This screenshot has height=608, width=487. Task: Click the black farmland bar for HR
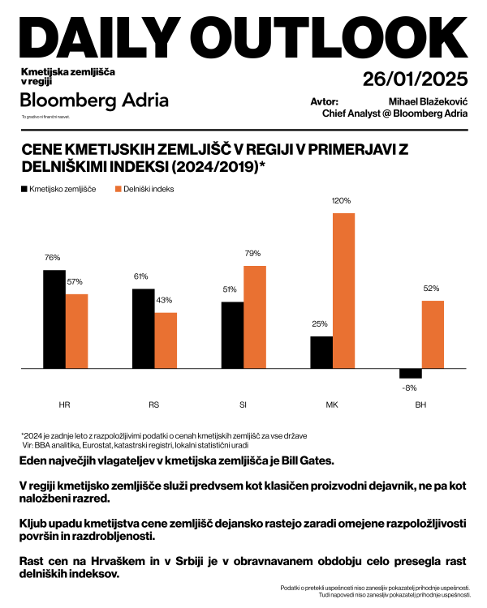[54, 319]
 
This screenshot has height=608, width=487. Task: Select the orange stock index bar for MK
[344, 291]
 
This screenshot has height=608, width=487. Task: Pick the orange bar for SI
[255, 317]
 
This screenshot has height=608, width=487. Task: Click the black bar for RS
[143, 328]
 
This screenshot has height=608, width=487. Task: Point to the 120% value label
[342, 200]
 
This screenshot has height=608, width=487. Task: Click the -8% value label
[410, 387]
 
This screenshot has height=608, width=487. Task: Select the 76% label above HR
[53, 258]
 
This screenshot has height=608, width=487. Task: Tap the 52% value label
[431, 289]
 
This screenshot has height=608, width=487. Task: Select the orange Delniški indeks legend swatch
[117, 189]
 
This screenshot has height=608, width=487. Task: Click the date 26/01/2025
[415, 79]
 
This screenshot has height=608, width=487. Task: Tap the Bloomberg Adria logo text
[95, 101]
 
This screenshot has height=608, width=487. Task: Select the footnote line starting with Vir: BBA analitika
[135, 445]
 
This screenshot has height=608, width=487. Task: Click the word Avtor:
[325, 101]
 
